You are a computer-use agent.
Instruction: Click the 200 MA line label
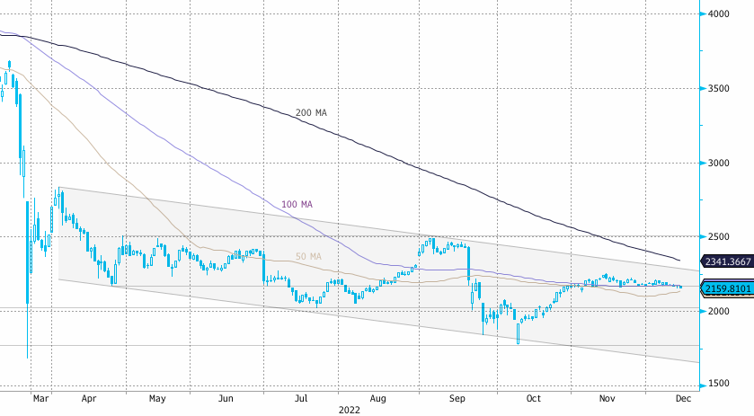pyautogui.click(x=311, y=113)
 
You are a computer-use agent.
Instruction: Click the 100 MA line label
pyautogui.click(x=297, y=205)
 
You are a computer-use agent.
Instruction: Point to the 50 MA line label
pyautogui.click(x=308, y=257)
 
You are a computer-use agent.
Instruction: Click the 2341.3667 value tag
pyautogui.click(x=726, y=261)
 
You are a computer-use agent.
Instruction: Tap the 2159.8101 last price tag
pyautogui.click(x=726, y=288)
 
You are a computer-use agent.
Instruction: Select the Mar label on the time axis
pyautogui.click(x=40, y=396)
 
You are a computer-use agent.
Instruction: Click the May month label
pyautogui.click(x=157, y=396)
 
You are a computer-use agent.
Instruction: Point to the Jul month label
pyautogui.click(x=302, y=396)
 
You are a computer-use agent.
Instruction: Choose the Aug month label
pyautogui.click(x=378, y=396)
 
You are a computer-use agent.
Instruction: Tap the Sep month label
pyautogui.click(x=457, y=396)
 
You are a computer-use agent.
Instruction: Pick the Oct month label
pyautogui.click(x=534, y=396)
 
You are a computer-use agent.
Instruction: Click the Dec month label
pyautogui.click(x=684, y=396)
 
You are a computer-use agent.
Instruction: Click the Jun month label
pyautogui.click(x=226, y=396)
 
